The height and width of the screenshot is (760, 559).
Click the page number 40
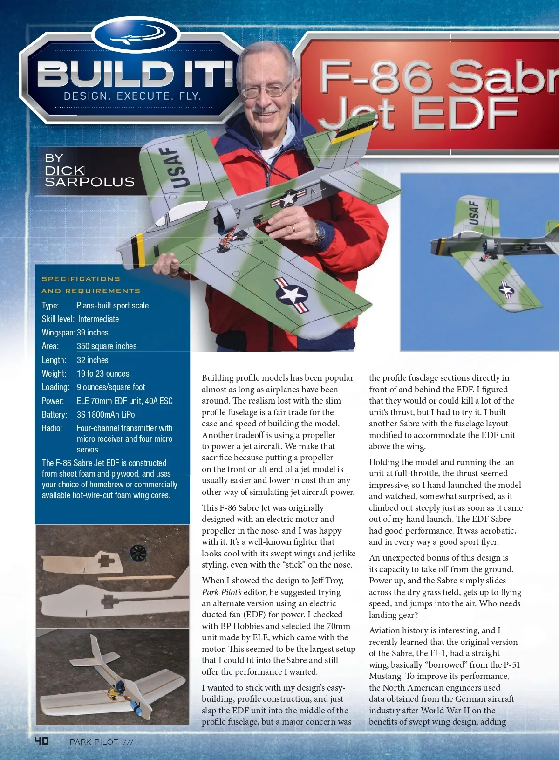(x=41, y=740)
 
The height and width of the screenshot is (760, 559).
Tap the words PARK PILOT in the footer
(x=94, y=742)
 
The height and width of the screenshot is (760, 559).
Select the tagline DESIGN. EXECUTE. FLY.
(x=132, y=96)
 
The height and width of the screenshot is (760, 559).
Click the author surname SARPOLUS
(x=89, y=182)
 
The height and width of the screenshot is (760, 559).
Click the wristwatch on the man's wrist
(x=320, y=232)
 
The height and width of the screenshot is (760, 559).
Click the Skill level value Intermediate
(x=98, y=319)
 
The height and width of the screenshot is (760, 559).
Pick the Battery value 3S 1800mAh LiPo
(x=106, y=414)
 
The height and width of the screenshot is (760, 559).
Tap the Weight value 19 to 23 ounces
(x=103, y=374)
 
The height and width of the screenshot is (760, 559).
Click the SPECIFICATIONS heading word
(x=81, y=279)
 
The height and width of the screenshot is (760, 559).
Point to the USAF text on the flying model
(x=473, y=213)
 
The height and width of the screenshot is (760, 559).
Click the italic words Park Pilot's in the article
(x=222, y=592)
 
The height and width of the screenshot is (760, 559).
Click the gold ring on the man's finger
(x=293, y=228)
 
